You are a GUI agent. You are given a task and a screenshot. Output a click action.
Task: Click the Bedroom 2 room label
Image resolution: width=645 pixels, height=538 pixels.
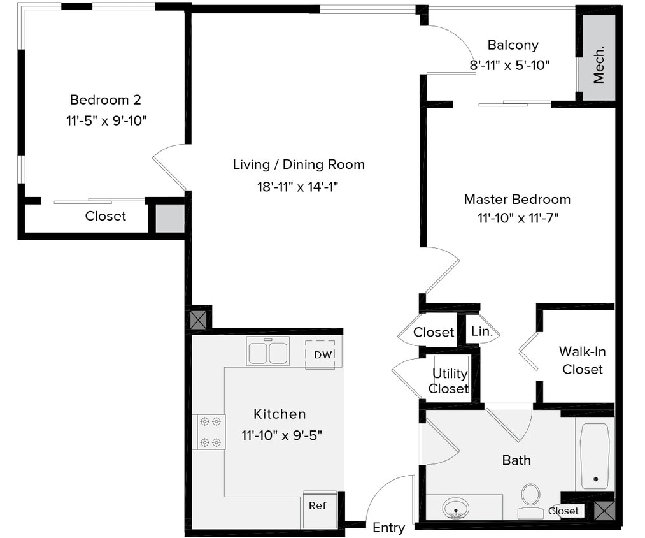pos(105,100)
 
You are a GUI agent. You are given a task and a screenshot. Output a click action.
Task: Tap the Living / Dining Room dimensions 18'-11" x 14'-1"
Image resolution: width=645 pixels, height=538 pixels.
pos(298,187)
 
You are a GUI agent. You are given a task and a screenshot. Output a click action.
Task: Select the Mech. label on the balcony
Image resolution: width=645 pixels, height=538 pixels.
pos(599,64)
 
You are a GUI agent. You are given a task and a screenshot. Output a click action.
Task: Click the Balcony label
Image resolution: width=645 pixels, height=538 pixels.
pos(513,45)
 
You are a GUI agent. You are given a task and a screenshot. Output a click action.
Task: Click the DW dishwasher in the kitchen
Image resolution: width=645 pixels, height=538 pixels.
pos(323,355)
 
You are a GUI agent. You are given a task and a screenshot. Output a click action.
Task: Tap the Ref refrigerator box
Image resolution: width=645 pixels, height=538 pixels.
pos(318,506)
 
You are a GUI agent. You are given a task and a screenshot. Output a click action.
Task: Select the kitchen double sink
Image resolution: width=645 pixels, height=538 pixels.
pos(268,352)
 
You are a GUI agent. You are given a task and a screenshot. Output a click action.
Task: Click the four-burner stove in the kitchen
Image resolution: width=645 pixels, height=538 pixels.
pos(209,432)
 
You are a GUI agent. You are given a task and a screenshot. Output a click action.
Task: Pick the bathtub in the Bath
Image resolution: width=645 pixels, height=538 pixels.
pos(595,456)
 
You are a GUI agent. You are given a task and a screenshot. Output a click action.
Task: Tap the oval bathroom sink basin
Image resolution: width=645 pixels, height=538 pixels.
pos(456,509)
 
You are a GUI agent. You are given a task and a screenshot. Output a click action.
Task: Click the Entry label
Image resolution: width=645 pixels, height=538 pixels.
pos(388,528)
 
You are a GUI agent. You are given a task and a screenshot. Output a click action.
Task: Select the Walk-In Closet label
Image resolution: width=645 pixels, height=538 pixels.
pos(582,360)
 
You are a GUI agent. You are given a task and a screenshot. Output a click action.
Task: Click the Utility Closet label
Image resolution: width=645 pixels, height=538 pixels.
pos(450,381)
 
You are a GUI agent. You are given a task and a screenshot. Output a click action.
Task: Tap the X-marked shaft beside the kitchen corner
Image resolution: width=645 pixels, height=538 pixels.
pos(199,319)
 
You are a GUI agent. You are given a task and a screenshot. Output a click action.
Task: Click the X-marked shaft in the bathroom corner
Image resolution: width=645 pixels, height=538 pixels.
pos(604,510)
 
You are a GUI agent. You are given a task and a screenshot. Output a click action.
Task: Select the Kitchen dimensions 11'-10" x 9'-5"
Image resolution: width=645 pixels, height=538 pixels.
pos(281,436)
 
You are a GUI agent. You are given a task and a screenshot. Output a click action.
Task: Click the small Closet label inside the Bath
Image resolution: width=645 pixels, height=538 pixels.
pos(563,511)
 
